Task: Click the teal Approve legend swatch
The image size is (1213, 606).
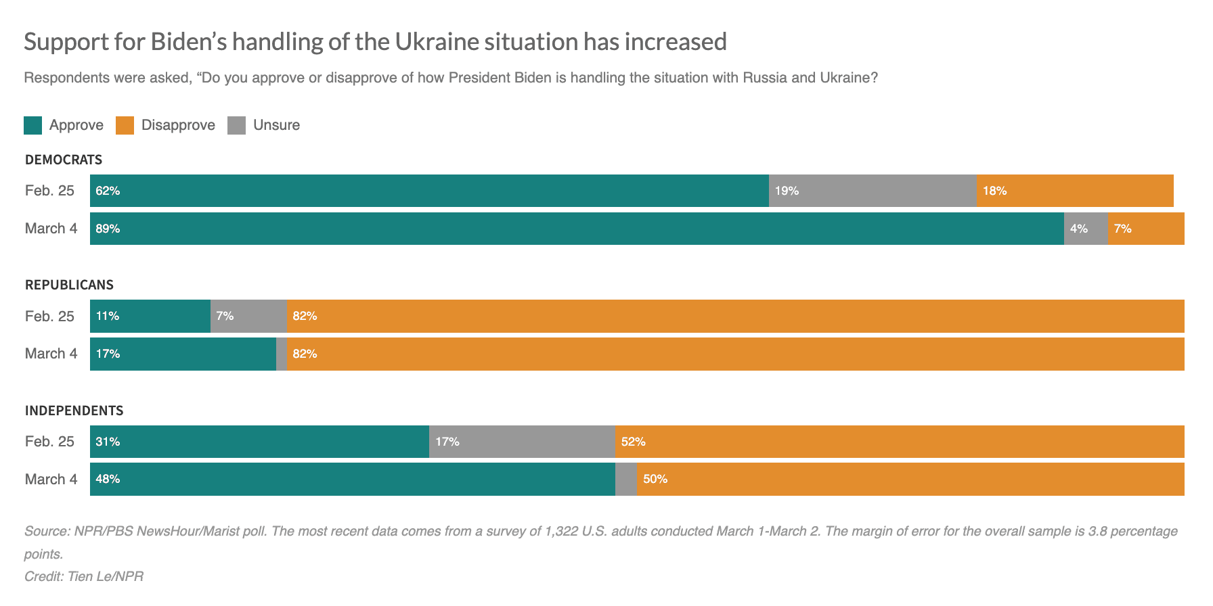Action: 32,125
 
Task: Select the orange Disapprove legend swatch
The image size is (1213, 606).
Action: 125,125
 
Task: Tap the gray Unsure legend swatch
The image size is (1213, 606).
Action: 236,125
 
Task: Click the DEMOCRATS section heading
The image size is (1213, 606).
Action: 64,160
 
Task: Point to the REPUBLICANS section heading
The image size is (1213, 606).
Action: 69,285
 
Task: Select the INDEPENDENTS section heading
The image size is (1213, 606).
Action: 74,411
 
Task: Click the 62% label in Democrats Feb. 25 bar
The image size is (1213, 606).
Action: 108,191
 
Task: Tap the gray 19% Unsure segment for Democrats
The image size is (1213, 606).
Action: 873,191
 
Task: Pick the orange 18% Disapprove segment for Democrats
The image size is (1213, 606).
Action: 1075,191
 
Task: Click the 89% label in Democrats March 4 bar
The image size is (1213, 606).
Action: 108,229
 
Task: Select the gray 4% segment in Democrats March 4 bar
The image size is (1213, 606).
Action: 1086,229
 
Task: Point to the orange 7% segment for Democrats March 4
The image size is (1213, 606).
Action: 1146,229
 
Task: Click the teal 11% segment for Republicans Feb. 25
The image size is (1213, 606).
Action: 150,316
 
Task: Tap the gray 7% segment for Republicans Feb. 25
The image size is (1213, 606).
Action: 248,316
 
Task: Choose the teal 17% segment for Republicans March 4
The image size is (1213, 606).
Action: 183,354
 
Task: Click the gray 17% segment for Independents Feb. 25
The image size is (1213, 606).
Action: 522,442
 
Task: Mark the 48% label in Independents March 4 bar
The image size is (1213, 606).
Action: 108,479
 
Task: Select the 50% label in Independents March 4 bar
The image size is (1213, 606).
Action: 655,479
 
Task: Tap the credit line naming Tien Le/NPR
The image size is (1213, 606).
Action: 84,576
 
